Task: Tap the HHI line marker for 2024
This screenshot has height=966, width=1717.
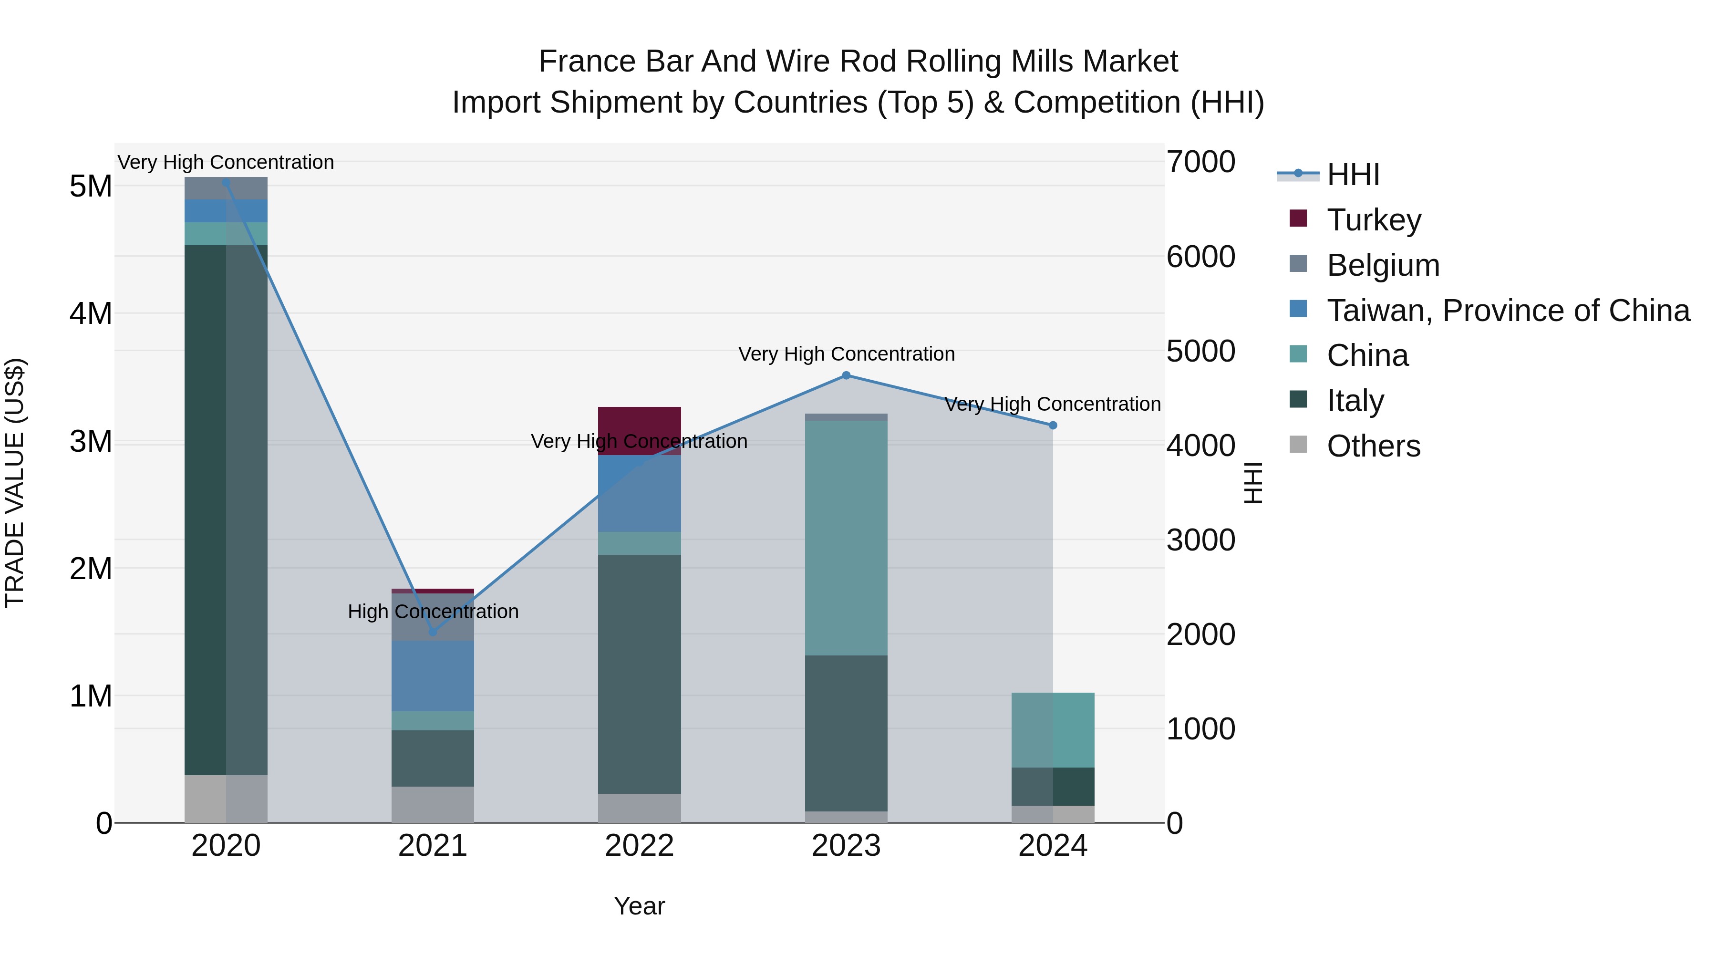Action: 1053,426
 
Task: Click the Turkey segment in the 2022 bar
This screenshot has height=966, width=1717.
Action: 639,426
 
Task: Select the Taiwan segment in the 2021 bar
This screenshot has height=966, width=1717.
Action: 433,675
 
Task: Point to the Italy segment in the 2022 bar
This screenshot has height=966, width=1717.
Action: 639,673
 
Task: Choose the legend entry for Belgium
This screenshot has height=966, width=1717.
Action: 1383,265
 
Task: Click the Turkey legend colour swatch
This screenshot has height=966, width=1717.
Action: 1298,218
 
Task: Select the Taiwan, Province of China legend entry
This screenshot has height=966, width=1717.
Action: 1508,311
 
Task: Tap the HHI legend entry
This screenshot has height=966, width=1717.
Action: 1353,175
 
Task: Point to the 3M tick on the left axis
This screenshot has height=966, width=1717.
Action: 91,441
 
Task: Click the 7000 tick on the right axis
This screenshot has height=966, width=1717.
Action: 1200,162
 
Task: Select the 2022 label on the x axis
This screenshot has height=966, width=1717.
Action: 639,846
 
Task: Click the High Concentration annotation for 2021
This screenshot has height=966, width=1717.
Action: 433,612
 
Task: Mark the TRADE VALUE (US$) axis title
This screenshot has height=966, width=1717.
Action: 15,483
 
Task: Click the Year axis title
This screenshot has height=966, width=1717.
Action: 639,906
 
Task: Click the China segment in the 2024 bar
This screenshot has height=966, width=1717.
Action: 1053,730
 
